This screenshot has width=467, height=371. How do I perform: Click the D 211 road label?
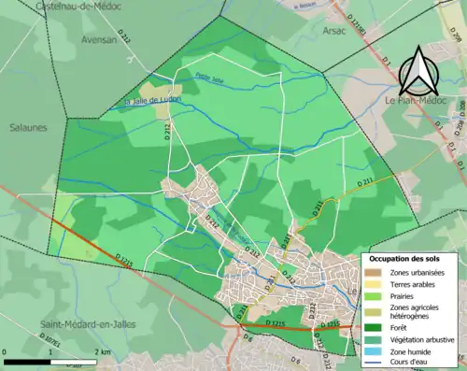pyautogui.click(x=366, y=179)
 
